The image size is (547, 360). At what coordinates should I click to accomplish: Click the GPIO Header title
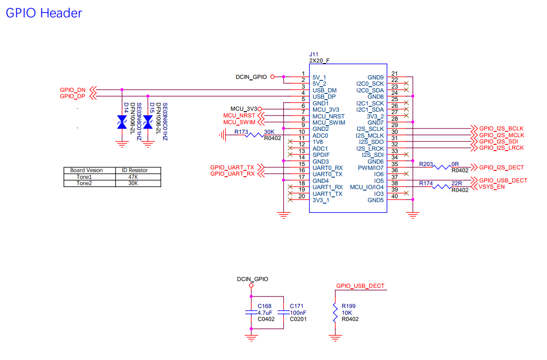pyautogui.click(x=44, y=13)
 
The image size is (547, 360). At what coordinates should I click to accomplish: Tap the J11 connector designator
pyautogui.click(x=314, y=54)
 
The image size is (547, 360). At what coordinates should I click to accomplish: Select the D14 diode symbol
pyautogui.click(x=122, y=122)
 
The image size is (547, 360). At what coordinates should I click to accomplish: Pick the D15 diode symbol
pyautogui.click(x=148, y=122)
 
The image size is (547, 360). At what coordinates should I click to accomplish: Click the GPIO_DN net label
pyautogui.click(x=73, y=90)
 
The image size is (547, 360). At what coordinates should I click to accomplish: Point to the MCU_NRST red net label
pyautogui.click(x=239, y=116)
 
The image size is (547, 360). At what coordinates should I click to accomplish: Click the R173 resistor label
pyautogui.click(x=241, y=132)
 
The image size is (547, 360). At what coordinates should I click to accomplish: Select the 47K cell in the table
pyautogui.click(x=133, y=177)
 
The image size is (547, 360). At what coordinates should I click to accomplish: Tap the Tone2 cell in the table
pyautogui.click(x=84, y=183)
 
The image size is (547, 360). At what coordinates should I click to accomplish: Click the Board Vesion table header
pyautogui.click(x=87, y=170)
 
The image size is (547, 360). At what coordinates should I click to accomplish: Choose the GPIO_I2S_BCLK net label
pyautogui.click(x=501, y=129)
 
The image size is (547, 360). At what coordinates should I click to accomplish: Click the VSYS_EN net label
pyautogui.click(x=492, y=187)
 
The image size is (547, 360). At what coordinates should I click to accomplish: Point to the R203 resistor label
pyautogui.click(x=426, y=164)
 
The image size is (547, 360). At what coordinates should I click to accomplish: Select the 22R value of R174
pyautogui.click(x=457, y=183)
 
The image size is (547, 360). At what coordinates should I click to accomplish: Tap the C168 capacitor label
pyautogui.click(x=265, y=306)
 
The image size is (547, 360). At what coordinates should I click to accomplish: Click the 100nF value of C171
pyautogui.click(x=298, y=312)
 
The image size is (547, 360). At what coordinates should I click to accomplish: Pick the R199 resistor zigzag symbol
pyautogui.click(x=335, y=312)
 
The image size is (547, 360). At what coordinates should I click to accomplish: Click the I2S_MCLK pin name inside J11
pyautogui.click(x=370, y=135)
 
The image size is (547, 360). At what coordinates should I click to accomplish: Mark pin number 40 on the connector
pyautogui.click(x=394, y=196)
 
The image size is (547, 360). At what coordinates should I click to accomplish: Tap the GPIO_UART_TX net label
pyautogui.click(x=232, y=167)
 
